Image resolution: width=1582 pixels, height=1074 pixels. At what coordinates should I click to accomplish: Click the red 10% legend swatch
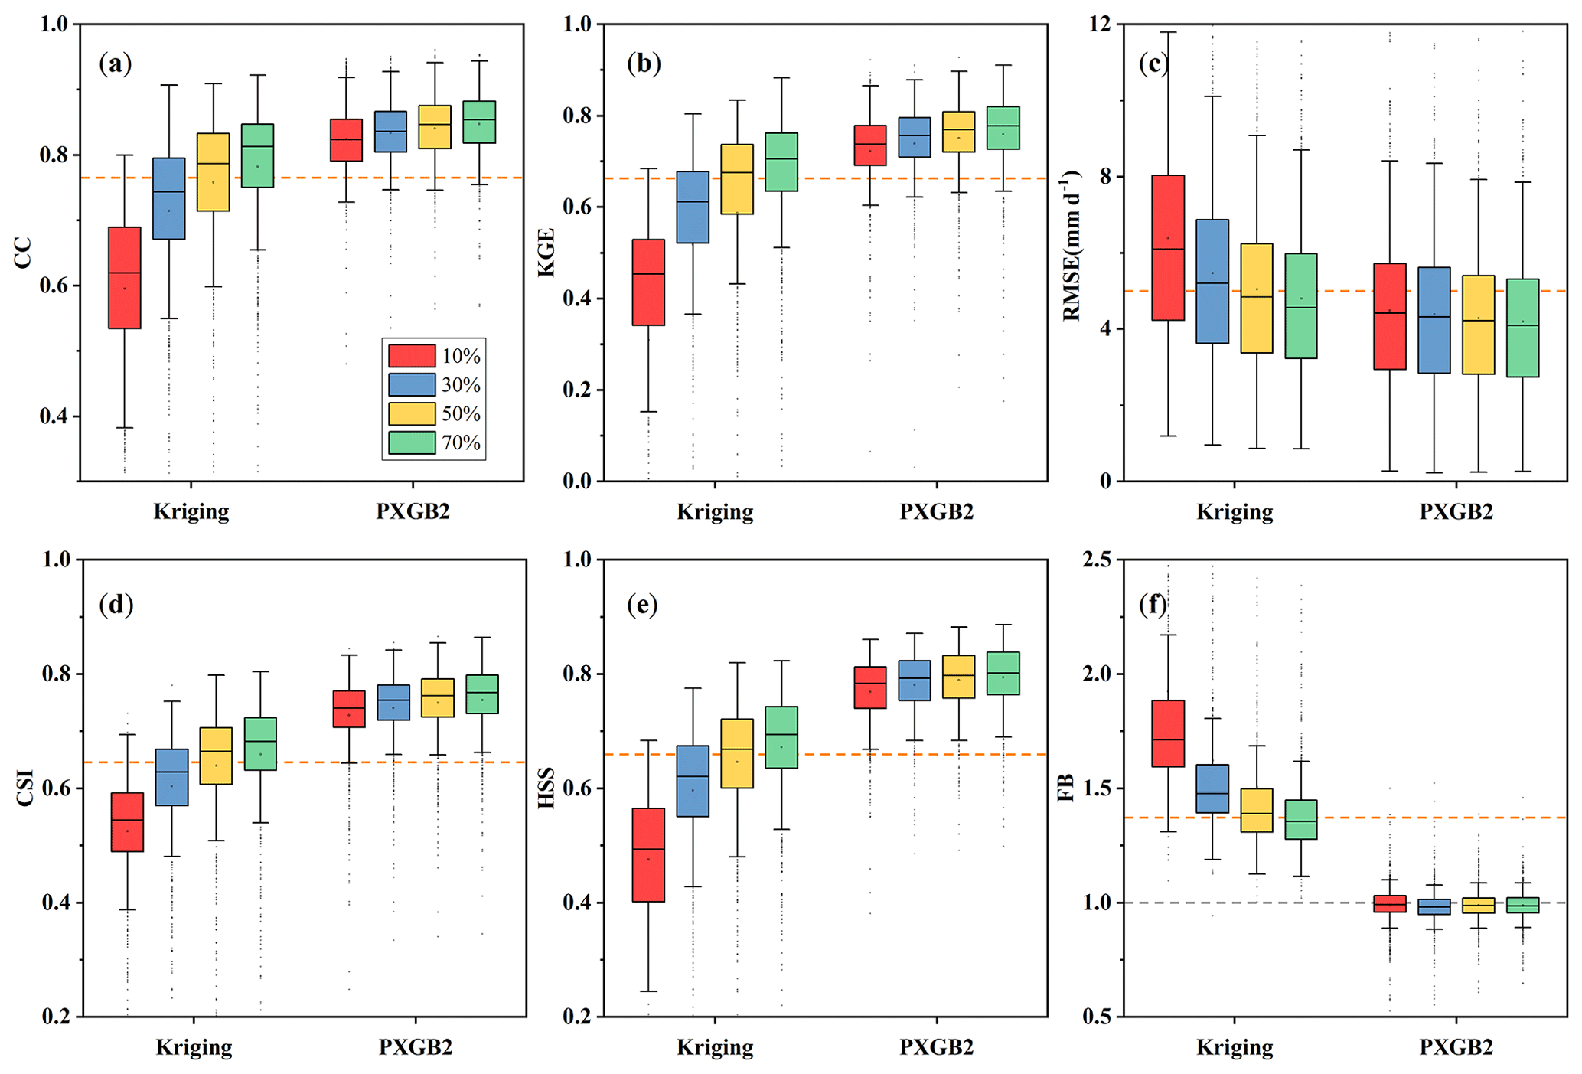[411, 356]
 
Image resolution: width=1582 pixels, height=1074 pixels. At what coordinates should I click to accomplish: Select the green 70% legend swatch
[411, 442]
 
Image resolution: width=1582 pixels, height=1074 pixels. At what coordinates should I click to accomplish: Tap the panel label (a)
[116, 64]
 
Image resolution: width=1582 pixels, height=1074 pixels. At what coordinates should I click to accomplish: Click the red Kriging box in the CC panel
[125, 278]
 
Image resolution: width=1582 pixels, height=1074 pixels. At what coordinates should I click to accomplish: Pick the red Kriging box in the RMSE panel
[1168, 247]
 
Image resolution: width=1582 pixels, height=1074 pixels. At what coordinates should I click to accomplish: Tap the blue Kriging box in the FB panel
[1212, 788]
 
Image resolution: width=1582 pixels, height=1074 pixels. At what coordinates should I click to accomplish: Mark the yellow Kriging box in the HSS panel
[737, 753]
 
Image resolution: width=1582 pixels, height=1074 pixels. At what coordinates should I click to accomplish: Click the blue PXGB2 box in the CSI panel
[393, 702]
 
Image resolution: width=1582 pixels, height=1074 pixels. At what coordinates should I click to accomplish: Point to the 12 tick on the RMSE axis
[1103, 24]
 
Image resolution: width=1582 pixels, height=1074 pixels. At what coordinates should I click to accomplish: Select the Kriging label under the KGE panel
[715, 511]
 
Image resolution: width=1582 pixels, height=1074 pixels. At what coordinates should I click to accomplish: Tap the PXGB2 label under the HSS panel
[936, 1046]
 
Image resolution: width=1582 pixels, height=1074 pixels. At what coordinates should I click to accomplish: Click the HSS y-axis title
[546, 788]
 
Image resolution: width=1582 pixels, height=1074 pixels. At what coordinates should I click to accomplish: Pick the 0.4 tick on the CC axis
[55, 417]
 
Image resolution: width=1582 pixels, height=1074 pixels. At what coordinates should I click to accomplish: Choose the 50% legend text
[461, 414]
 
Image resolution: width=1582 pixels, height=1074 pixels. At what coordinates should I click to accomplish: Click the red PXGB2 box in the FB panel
[1390, 903]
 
